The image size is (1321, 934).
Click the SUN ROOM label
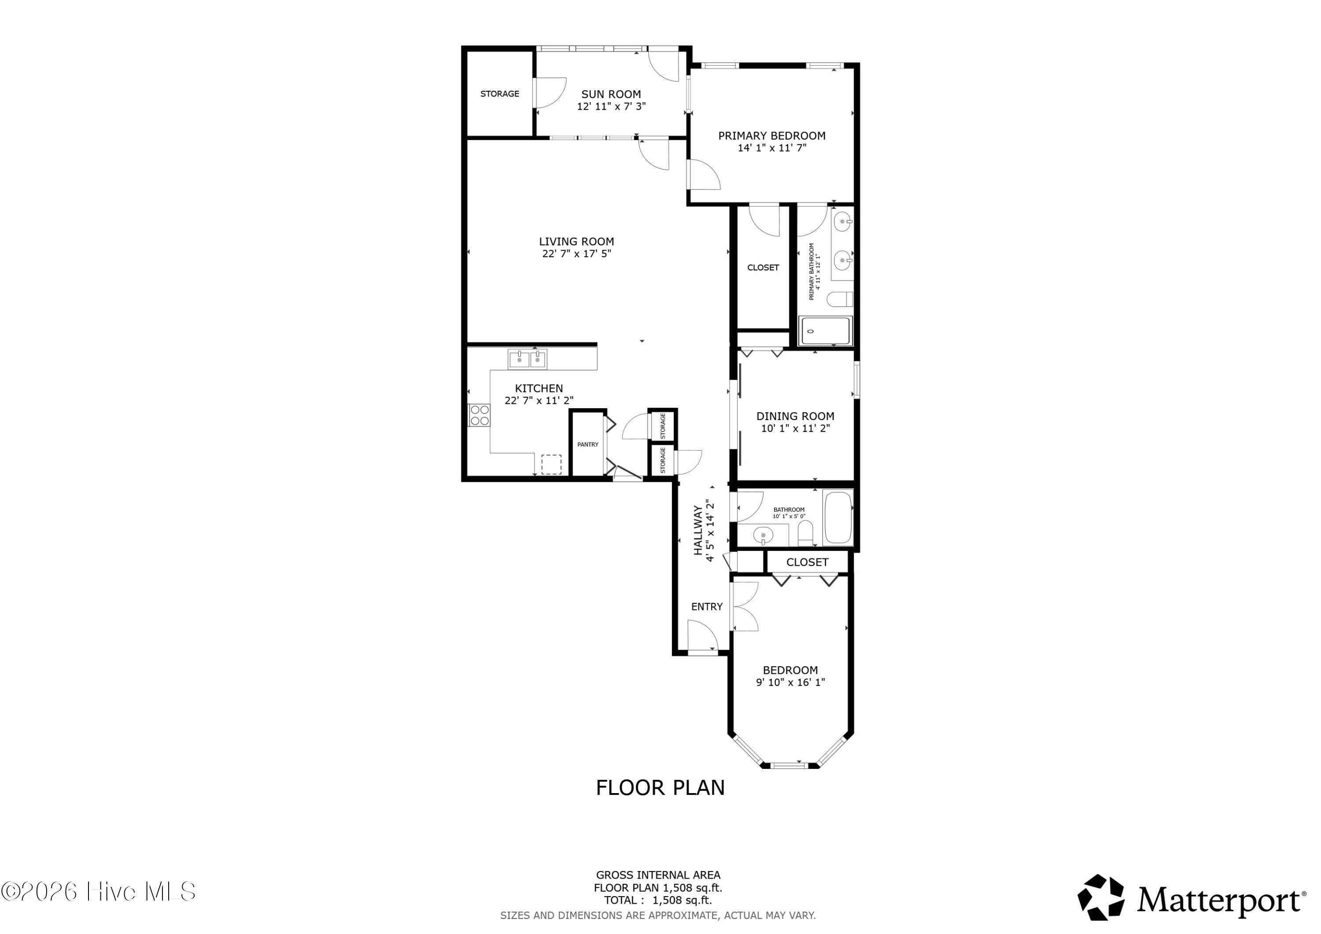611,94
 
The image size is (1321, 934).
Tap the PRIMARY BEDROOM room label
771,136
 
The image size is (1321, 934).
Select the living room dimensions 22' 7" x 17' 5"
576,254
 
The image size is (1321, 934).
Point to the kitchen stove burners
479,416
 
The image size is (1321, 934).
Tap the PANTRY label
588,444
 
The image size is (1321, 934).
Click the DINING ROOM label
795,416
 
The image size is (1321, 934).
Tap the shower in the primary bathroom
826,332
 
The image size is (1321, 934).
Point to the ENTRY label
707,606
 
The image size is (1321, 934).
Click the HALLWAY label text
698,530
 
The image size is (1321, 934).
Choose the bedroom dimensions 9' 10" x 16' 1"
790,683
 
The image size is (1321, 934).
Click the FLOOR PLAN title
660,788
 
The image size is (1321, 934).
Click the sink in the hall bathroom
763,535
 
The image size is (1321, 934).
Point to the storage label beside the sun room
499,94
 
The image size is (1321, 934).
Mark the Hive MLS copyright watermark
98,891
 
